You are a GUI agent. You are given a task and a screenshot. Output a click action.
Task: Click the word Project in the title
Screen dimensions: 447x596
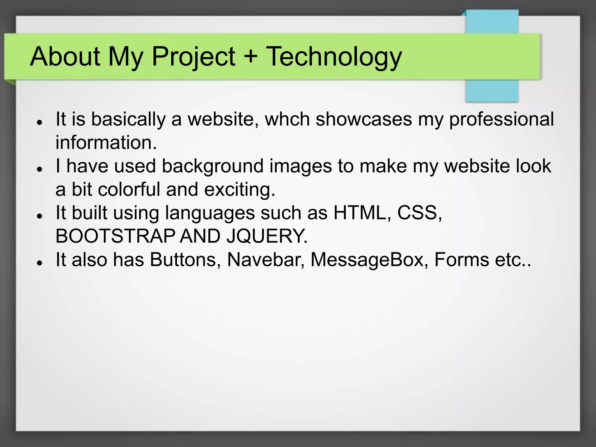point(193,56)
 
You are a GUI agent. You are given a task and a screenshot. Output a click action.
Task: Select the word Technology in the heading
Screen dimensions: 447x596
point(334,56)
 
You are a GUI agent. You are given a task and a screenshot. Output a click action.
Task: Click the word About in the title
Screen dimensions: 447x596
point(65,56)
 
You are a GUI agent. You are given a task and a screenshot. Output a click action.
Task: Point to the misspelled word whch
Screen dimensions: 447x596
point(287,119)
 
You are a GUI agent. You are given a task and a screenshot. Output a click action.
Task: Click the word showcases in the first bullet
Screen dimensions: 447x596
point(364,119)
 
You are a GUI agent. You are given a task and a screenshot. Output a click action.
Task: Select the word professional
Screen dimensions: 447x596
point(501,119)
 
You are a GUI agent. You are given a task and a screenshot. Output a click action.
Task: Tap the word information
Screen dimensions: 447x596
point(106,143)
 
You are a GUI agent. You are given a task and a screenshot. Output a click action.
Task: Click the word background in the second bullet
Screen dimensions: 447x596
point(212,166)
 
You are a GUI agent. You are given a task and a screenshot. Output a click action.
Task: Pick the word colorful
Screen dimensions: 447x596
point(129,189)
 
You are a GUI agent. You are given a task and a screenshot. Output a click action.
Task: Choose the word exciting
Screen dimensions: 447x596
point(240,189)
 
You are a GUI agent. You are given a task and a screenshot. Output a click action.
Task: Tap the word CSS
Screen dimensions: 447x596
point(419,213)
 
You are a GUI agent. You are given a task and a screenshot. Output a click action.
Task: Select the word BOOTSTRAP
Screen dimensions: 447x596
point(115,236)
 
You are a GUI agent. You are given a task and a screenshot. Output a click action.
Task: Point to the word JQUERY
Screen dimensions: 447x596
point(267,236)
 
